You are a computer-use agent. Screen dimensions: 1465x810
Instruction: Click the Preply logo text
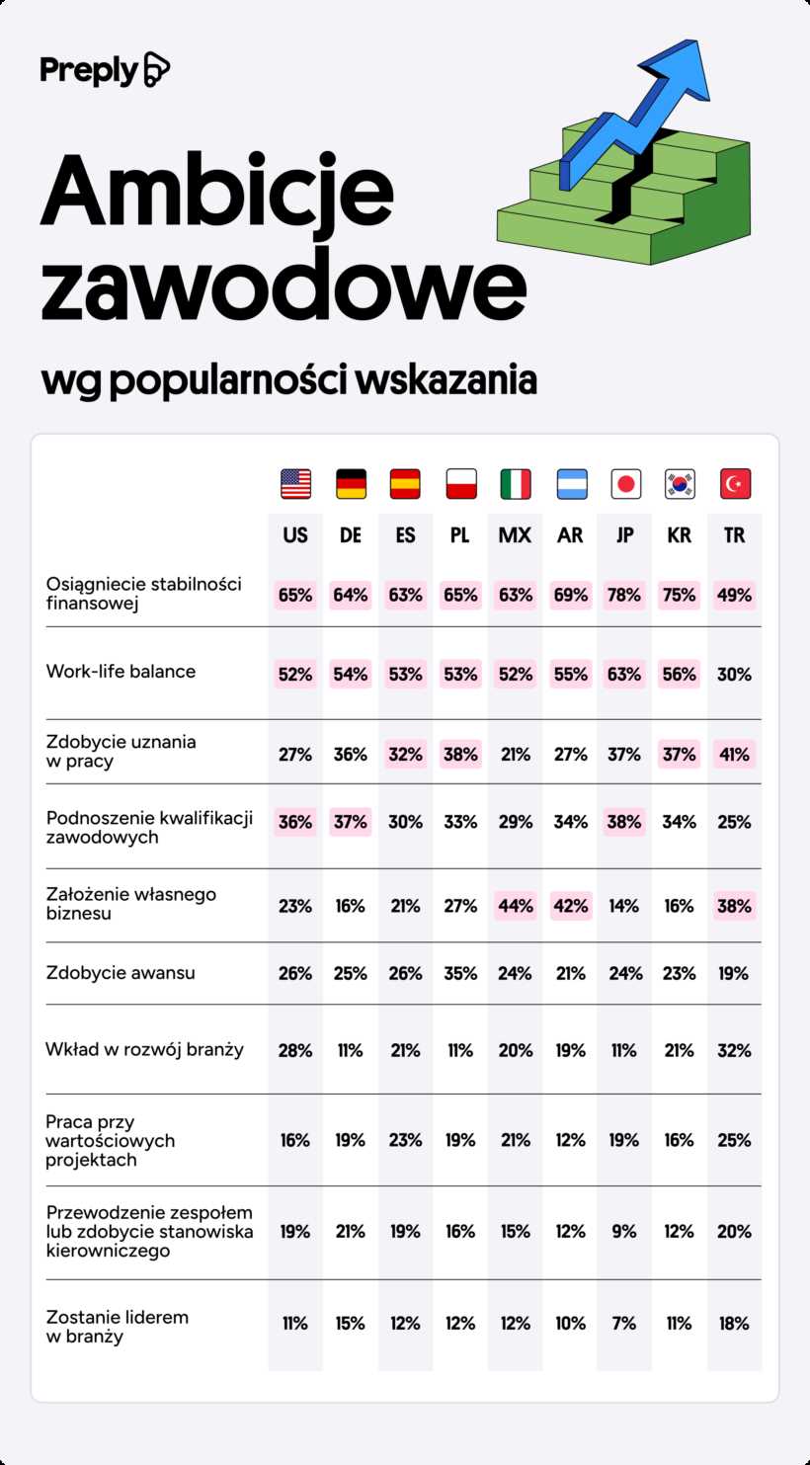pyautogui.click(x=89, y=70)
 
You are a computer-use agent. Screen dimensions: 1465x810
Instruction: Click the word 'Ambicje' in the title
pyautogui.click(x=216, y=191)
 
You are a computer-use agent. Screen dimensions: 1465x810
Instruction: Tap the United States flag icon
pyautogui.click(x=295, y=484)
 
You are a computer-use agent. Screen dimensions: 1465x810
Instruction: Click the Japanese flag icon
pyautogui.click(x=625, y=484)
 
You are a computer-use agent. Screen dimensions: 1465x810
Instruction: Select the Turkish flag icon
pyautogui.click(x=735, y=484)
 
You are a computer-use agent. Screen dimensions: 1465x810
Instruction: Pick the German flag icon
pyautogui.click(x=351, y=484)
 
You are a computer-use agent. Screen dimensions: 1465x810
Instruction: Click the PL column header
pyautogui.click(x=460, y=535)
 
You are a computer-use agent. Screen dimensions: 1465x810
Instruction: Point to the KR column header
pyautogui.click(x=680, y=535)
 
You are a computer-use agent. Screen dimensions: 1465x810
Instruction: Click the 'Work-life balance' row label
pyautogui.click(x=121, y=672)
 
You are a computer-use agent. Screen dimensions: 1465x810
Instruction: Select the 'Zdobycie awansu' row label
pyautogui.click(x=120, y=973)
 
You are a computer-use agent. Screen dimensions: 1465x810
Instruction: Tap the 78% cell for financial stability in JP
pyautogui.click(x=624, y=595)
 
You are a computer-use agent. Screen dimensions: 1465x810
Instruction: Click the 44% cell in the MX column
pyautogui.click(x=515, y=906)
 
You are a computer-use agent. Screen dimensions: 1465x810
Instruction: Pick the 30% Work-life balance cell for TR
pyautogui.click(x=734, y=675)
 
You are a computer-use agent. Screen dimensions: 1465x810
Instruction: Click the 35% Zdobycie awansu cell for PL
pyautogui.click(x=460, y=973)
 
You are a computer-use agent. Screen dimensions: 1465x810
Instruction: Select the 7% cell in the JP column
pyautogui.click(x=624, y=1324)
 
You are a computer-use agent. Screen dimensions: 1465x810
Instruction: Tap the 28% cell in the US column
pyautogui.click(x=295, y=1050)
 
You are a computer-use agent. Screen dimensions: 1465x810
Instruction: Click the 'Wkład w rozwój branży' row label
pyautogui.click(x=144, y=1050)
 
